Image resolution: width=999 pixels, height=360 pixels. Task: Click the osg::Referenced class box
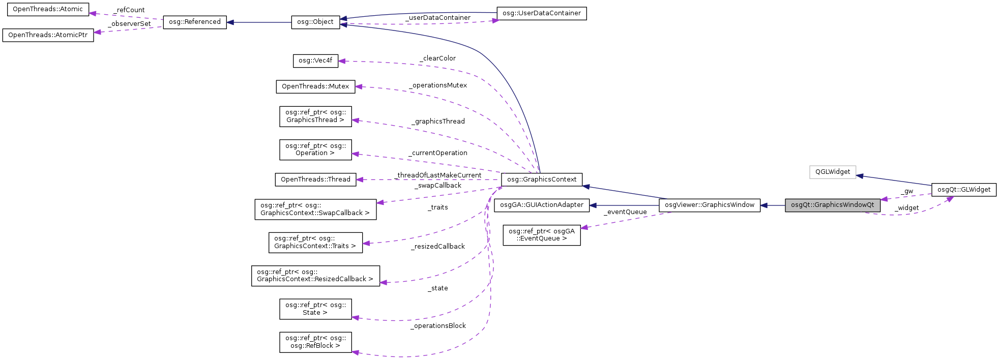click(x=195, y=22)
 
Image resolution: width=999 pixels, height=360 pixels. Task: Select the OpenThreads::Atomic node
click(x=48, y=10)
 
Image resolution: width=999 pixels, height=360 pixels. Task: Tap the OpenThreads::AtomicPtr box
click(x=48, y=35)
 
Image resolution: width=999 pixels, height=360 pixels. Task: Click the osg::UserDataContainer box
click(x=541, y=13)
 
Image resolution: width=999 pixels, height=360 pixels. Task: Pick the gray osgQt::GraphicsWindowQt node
click(x=832, y=205)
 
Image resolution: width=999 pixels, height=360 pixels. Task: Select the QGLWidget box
click(x=833, y=172)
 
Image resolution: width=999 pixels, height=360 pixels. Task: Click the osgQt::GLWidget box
click(x=963, y=190)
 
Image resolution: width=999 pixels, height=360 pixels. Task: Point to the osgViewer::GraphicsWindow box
click(x=709, y=205)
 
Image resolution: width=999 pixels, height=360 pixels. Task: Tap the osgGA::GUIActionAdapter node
click(x=541, y=205)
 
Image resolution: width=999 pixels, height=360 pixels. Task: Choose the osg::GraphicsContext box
click(x=541, y=179)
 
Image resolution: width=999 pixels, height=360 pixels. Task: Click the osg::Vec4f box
click(x=315, y=61)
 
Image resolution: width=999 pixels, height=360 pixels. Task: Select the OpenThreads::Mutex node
click(x=315, y=86)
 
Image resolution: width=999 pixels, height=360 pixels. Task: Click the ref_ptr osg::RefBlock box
click(x=315, y=342)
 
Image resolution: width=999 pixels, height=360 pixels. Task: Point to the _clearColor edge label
click(x=437, y=58)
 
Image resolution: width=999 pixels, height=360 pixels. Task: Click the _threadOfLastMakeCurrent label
click(x=438, y=175)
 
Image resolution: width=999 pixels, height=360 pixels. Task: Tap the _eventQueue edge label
click(x=625, y=212)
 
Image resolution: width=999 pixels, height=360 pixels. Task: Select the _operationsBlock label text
click(x=438, y=326)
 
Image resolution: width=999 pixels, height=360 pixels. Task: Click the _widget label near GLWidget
click(x=906, y=208)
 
